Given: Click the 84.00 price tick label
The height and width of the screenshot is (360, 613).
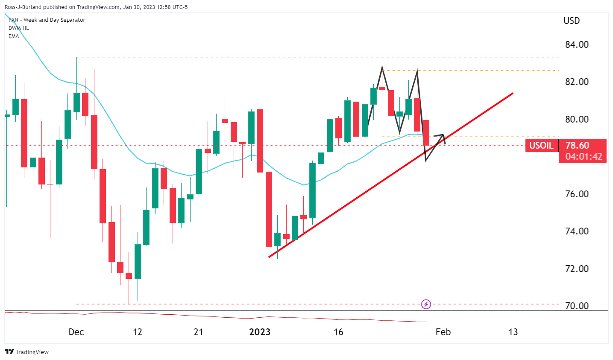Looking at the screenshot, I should click(577, 44).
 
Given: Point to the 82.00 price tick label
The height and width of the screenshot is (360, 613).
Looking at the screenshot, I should click(577, 82).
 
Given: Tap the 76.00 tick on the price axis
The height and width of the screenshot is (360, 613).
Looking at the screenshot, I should click(577, 194).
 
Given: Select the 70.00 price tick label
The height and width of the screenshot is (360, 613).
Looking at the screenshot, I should click(577, 306).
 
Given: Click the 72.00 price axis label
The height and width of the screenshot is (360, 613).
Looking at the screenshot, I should click(577, 269).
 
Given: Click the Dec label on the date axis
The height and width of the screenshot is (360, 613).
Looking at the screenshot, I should click(76, 332).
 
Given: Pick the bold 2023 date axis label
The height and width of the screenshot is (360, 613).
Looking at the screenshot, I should click(260, 332).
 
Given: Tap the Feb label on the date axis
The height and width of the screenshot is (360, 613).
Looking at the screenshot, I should click(443, 332).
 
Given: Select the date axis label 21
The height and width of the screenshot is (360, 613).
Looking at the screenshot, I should click(198, 332).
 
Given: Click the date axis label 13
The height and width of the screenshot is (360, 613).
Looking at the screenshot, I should click(513, 332).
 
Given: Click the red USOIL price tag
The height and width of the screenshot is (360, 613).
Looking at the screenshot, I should click(541, 146).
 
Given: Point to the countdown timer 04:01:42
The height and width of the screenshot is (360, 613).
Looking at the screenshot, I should click(584, 157).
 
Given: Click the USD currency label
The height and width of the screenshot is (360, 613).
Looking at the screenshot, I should click(572, 20).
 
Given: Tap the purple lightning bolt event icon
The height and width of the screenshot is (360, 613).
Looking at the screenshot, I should click(426, 304).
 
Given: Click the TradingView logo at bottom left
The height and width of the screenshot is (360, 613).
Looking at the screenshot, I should click(26, 352).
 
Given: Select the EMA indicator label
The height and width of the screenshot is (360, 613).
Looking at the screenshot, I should click(14, 36).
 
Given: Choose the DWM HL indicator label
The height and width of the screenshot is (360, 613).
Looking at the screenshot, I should click(19, 28).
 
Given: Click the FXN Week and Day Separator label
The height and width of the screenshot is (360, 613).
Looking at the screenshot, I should click(47, 20).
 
